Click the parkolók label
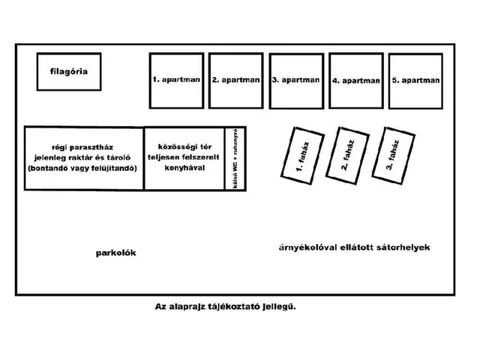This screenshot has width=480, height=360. (115, 253)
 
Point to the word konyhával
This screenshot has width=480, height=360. (184, 168)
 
